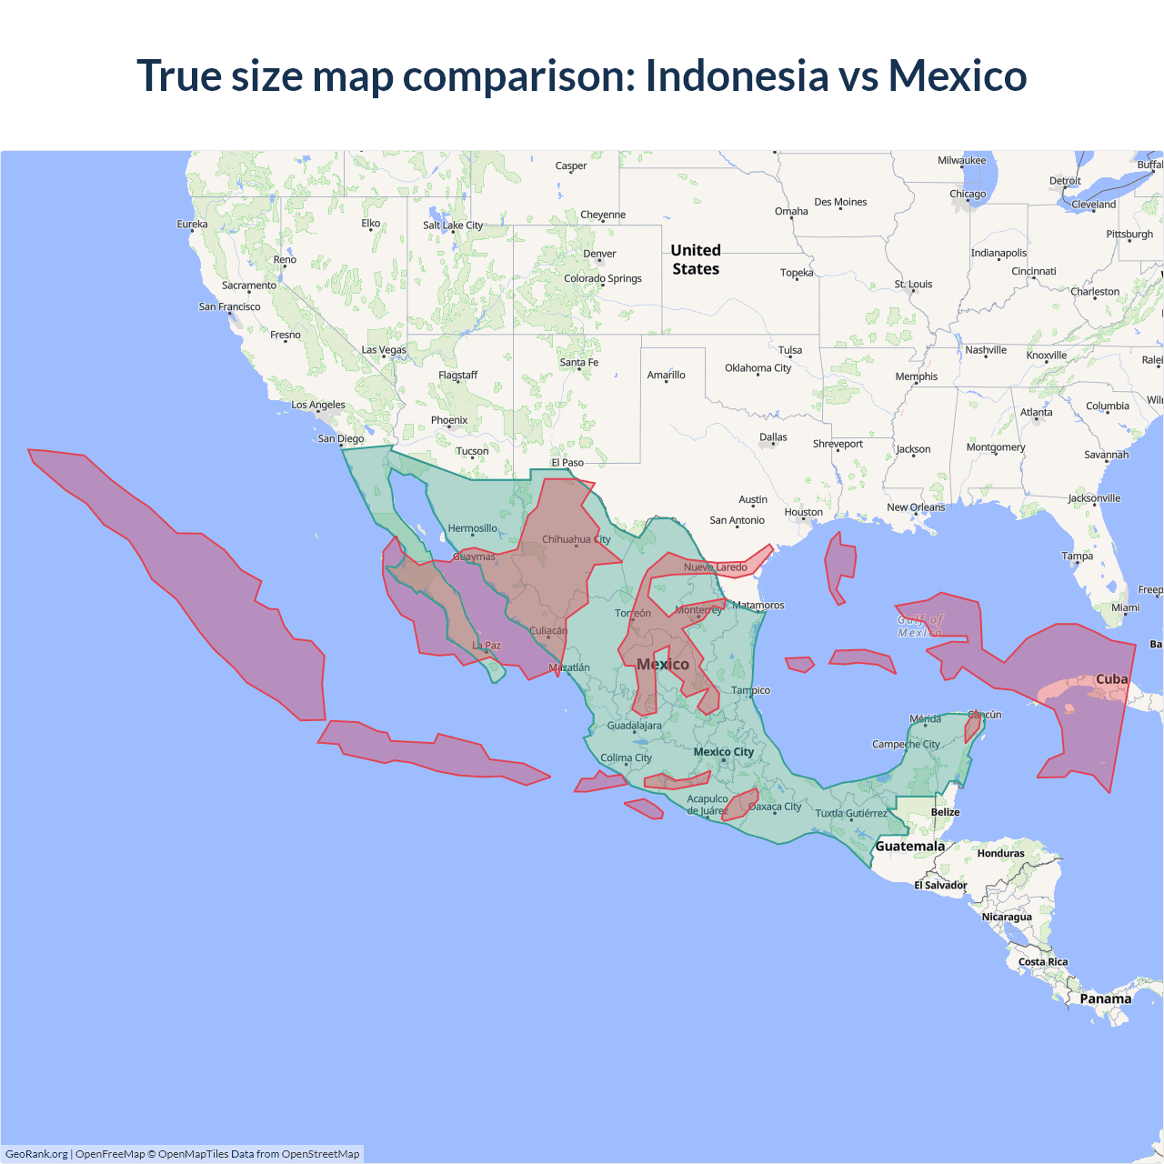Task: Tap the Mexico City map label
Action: (723, 752)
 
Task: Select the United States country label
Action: (696, 259)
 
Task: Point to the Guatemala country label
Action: (909, 847)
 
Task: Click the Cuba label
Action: (1111, 679)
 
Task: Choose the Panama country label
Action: (1105, 998)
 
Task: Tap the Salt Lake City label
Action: (453, 226)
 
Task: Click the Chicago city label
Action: (968, 194)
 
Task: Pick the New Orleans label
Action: (916, 507)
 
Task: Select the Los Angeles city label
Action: (318, 405)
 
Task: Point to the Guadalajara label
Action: (634, 726)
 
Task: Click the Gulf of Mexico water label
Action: (920, 626)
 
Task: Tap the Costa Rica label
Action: (1043, 962)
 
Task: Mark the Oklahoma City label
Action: (758, 368)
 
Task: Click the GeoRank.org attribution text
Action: (36, 1154)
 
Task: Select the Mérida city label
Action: (925, 719)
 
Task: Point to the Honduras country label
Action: (1000, 854)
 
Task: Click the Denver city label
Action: (599, 254)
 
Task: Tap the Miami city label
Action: (1125, 607)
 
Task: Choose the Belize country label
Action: (945, 812)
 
